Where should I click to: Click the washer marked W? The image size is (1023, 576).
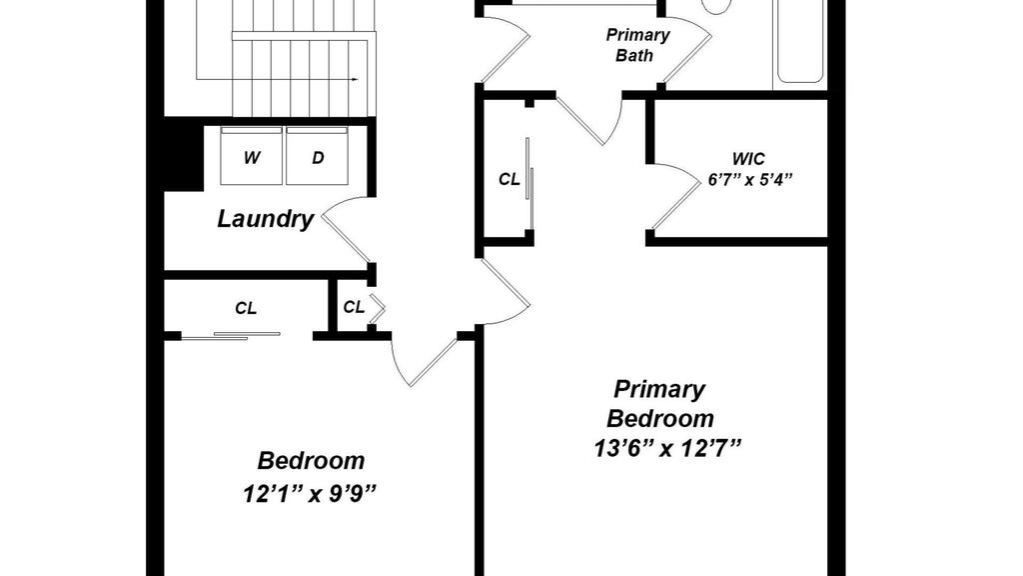[x=251, y=156]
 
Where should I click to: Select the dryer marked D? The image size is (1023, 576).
[x=317, y=156]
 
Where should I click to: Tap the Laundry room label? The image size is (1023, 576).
[x=266, y=219]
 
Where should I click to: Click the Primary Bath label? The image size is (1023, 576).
[x=637, y=45]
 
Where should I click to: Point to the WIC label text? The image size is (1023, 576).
[x=748, y=159]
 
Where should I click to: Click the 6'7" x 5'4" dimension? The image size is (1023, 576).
[x=750, y=179]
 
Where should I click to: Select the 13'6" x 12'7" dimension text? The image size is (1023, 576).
[x=668, y=449]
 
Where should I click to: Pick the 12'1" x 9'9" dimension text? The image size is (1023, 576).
[x=311, y=493]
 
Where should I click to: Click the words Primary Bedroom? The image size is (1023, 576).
[x=659, y=403]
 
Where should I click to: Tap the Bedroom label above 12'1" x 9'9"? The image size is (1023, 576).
[x=312, y=460]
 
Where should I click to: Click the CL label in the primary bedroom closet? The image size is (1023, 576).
[x=509, y=179]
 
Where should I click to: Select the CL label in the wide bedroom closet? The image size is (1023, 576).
[x=246, y=308]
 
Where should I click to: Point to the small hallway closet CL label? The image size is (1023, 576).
[x=354, y=307]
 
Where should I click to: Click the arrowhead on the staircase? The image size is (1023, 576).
[x=355, y=80]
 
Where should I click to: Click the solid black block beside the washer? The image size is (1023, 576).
[x=183, y=154]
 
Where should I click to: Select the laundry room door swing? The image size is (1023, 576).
[x=347, y=230]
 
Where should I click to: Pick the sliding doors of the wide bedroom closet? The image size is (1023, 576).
[x=231, y=336]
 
